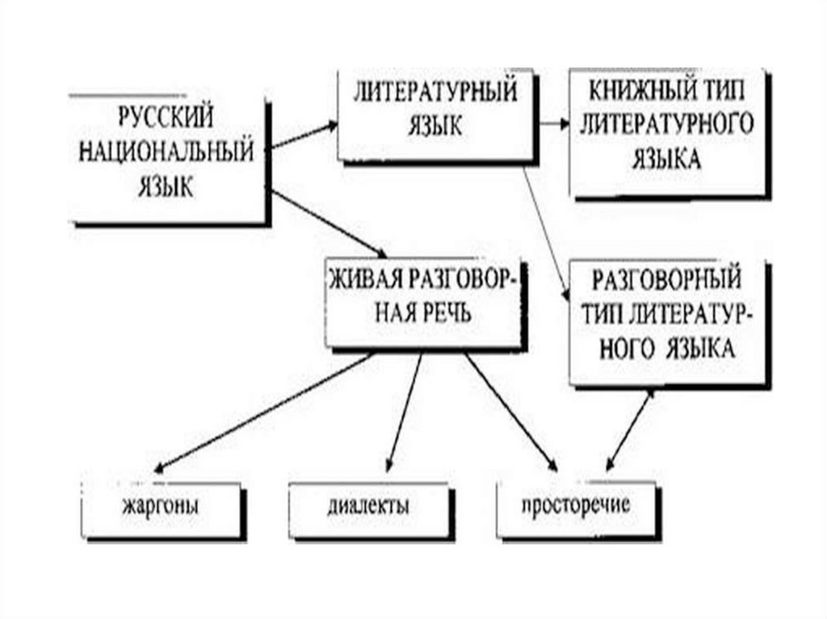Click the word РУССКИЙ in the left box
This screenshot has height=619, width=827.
pos(166,118)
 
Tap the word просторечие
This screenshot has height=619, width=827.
pos(575,507)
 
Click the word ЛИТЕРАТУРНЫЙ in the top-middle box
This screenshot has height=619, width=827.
pos(434,93)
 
